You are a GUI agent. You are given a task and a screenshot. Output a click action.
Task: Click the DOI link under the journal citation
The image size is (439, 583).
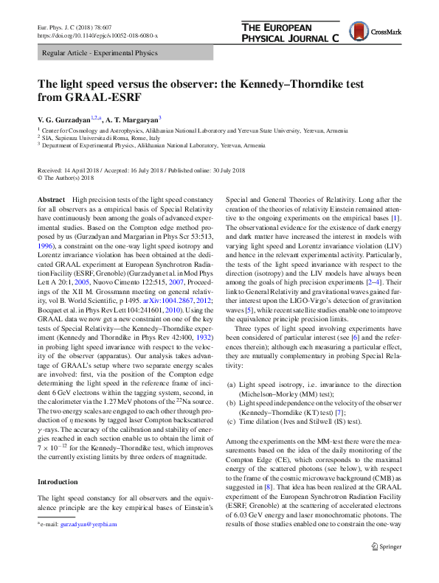click(97, 35)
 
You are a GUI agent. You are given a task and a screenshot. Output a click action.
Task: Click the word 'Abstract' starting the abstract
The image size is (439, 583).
click(51, 200)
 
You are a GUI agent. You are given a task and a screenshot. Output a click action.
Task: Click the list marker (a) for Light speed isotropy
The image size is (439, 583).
click(230, 385)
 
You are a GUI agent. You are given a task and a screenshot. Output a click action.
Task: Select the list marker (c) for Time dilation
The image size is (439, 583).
click(230, 422)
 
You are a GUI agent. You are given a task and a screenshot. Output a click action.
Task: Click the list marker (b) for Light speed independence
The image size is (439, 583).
click(230, 403)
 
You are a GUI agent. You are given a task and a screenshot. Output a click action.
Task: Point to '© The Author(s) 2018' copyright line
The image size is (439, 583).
click(69, 178)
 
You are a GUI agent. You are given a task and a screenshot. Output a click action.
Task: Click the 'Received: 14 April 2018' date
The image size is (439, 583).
click(69, 170)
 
